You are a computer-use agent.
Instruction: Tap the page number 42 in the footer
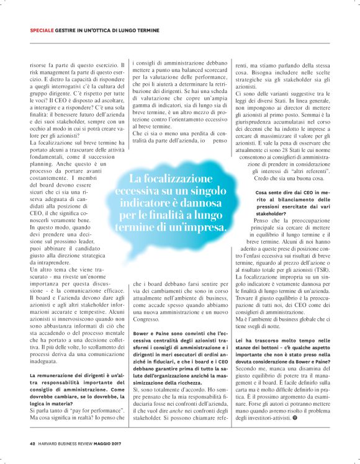click(x=32, y=443)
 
